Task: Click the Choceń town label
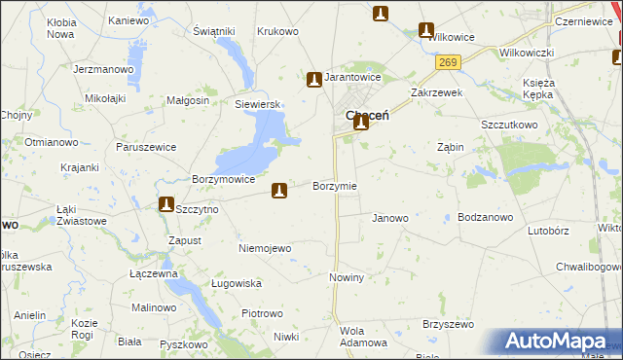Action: click(368, 114)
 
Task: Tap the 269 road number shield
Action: click(446, 62)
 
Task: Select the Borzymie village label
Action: click(334, 186)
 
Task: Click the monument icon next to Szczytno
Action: click(165, 204)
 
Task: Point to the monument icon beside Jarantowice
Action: click(313, 79)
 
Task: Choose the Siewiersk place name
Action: click(257, 104)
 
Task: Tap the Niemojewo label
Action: click(265, 248)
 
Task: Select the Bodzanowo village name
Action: click(485, 218)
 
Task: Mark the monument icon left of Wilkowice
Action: click(425, 30)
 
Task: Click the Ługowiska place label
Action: click(237, 283)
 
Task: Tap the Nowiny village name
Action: click(346, 277)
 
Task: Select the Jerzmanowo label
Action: click(102, 70)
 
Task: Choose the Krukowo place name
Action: click(277, 31)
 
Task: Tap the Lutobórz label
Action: click(547, 232)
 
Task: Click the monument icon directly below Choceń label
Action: click(361, 122)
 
